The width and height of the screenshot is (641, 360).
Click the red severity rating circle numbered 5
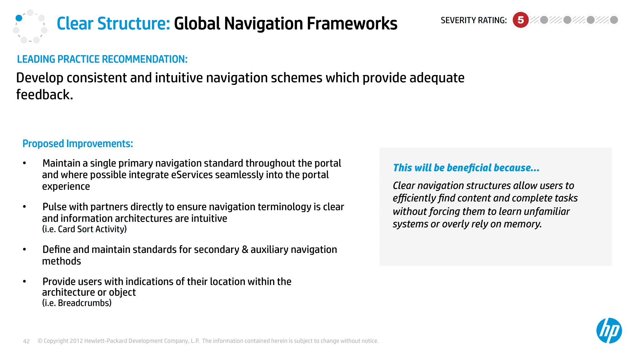(x=520, y=20)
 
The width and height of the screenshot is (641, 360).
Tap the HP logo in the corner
(x=609, y=331)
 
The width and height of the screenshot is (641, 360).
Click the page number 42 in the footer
(x=26, y=341)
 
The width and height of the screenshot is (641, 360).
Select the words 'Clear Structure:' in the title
(x=113, y=23)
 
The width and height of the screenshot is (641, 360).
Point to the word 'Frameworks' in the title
(x=352, y=23)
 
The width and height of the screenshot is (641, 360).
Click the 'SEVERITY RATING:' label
(x=473, y=20)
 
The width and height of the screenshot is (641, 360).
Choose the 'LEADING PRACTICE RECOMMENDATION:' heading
(x=102, y=59)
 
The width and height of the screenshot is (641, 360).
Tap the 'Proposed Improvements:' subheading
(x=78, y=144)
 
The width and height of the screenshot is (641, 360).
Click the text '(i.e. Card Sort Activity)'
(x=85, y=229)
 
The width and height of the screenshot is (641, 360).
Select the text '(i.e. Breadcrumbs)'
(x=77, y=303)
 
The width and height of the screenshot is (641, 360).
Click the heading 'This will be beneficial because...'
(x=466, y=168)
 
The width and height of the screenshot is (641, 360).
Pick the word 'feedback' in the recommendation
(x=43, y=95)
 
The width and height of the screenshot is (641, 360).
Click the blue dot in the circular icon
(x=19, y=18)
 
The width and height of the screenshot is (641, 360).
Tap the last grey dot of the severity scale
(x=614, y=20)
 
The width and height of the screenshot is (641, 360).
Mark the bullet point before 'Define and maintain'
(x=24, y=249)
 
